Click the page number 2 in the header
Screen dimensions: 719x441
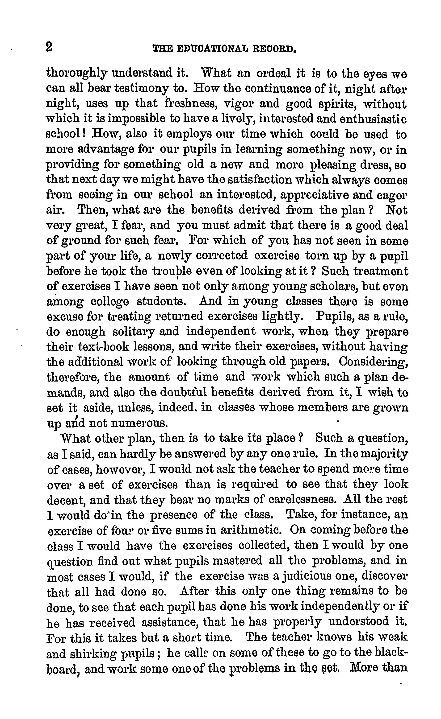[49, 47]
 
